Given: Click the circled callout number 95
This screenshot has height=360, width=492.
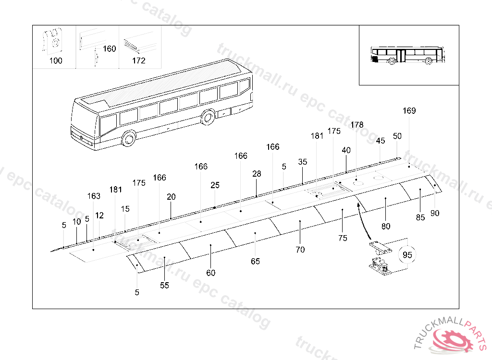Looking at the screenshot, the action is tap(407, 255).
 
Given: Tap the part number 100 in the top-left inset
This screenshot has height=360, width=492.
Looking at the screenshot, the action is tap(56, 61).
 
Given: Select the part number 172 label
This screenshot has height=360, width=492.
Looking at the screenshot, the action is tap(138, 61).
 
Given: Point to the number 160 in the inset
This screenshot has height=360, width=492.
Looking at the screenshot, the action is tap(110, 49).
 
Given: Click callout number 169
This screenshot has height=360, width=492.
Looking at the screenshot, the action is tap(409, 111).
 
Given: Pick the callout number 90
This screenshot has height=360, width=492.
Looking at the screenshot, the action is tap(435, 214).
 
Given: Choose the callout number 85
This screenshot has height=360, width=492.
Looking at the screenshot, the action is tap(420, 217).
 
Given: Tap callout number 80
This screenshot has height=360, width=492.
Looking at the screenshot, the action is tap(386, 226).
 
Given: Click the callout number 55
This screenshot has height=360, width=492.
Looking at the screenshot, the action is tap(165, 285).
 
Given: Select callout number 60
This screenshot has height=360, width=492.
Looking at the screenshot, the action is tap(211, 273).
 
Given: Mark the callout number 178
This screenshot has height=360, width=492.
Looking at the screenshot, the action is tap(357, 125).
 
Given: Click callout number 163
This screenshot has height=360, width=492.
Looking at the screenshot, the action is tap(94, 196).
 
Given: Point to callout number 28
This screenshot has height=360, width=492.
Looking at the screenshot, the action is tap(257, 174).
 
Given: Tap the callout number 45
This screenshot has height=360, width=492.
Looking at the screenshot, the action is tap(381, 141).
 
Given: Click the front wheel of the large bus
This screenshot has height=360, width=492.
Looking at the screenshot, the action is tap(128, 139).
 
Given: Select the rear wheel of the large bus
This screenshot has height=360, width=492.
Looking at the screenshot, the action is tap(208, 117).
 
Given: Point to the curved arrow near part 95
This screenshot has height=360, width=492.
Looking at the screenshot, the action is tap(363, 221).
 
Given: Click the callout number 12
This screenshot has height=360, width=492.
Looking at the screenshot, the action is tap(99, 216).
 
